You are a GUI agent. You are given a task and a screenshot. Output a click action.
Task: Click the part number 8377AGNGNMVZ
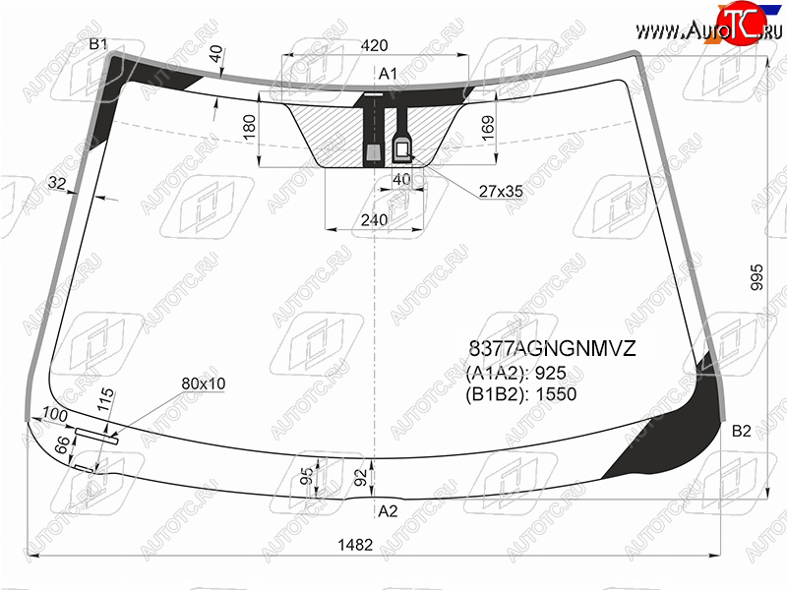552,348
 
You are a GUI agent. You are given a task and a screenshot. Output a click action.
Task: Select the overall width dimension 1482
355,545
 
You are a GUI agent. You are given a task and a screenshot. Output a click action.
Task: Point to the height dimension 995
757,277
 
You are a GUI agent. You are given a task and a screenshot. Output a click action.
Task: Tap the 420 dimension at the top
375,45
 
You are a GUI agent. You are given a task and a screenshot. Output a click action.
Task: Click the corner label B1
97,44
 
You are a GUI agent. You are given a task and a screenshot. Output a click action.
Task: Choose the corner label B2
742,431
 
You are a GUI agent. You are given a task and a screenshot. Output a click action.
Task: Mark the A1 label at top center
388,74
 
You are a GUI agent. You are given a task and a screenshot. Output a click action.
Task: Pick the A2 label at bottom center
388,511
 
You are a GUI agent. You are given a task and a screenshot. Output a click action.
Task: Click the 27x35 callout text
501,191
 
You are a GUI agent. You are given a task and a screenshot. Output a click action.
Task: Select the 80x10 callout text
204,383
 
